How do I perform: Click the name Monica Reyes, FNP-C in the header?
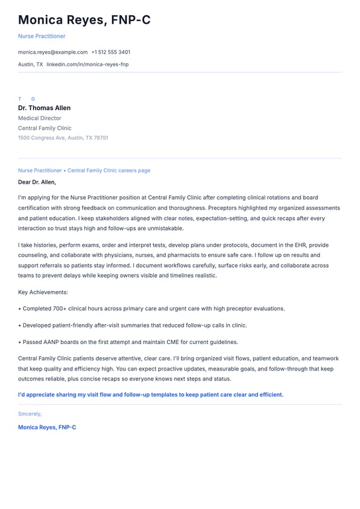coord(84,20)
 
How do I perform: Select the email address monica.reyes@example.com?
coord(52,52)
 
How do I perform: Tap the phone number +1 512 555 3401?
coord(111,52)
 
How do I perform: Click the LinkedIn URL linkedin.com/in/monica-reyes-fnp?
coord(88,64)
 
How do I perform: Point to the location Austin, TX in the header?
coord(30,64)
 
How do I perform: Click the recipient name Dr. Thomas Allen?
coord(44,108)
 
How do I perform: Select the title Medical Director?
coord(40,118)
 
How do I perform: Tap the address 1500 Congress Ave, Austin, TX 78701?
coord(63,138)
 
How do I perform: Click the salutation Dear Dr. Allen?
coord(37,182)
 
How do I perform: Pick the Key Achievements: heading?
coord(43,292)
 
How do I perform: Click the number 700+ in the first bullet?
coord(56,308)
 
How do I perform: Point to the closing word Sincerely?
coord(30,414)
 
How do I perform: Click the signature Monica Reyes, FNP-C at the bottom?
coord(47,427)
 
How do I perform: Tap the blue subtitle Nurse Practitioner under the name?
coord(42,36)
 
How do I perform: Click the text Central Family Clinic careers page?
coord(109,170)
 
